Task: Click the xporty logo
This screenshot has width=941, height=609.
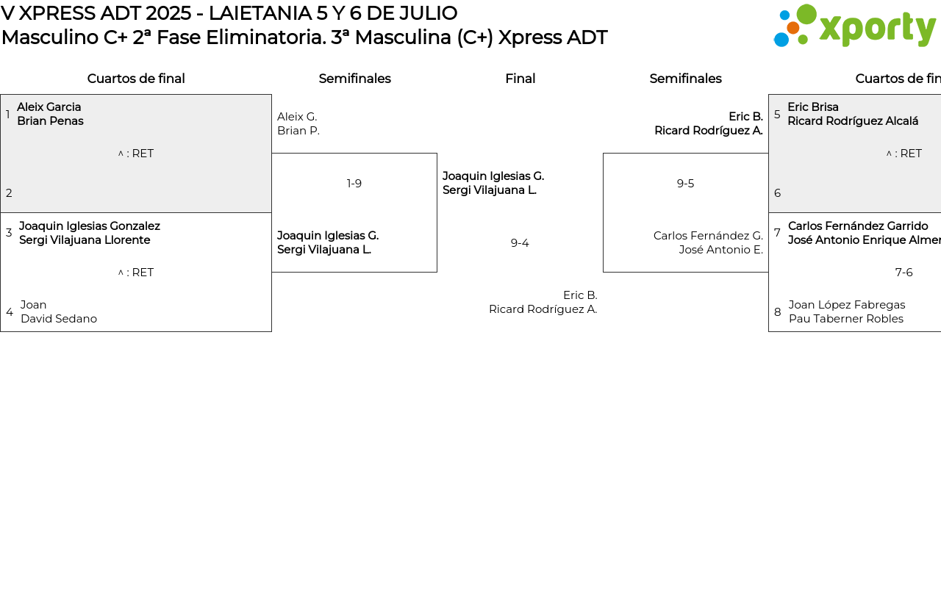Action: click(x=854, y=26)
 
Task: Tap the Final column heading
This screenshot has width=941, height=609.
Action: click(x=520, y=79)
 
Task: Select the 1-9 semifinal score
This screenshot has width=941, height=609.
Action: click(x=354, y=184)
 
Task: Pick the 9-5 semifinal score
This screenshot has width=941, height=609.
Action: click(x=685, y=184)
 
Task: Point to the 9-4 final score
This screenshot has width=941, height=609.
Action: click(x=520, y=243)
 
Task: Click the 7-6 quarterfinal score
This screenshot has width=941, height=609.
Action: click(x=904, y=273)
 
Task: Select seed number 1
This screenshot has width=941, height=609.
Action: click(x=8, y=115)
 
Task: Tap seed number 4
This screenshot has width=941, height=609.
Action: click(x=10, y=312)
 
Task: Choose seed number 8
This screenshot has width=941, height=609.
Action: click(x=777, y=312)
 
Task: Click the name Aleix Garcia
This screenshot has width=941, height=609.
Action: click(x=49, y=107)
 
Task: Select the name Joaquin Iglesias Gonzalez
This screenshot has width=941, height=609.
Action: click(x=90, y=226)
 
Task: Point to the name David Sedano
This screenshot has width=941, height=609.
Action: click(x=59, y=319)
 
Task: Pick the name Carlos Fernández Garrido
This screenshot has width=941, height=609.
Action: click(x=858, y=226)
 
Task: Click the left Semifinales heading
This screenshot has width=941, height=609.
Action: click(x=354, y=79)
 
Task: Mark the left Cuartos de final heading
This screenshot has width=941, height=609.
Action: click(x=136, y=79)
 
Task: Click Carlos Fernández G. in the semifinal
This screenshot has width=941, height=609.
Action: click(x=708, y=236)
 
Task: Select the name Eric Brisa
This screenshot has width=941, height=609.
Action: click(x=813, y=107)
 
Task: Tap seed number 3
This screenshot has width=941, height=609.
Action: click(x=9, y=233)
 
